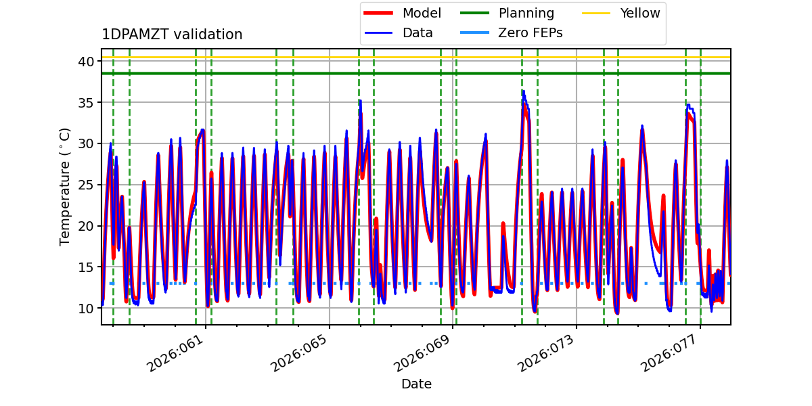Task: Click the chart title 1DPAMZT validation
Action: pyautogui.click(x=172, y=35)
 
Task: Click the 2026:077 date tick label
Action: pyautogui.click(x=670, y=353)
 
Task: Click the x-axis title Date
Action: pyautogui.click(x=416, y=384)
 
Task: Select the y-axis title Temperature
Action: pyautogui.click(x=65, y=186)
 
